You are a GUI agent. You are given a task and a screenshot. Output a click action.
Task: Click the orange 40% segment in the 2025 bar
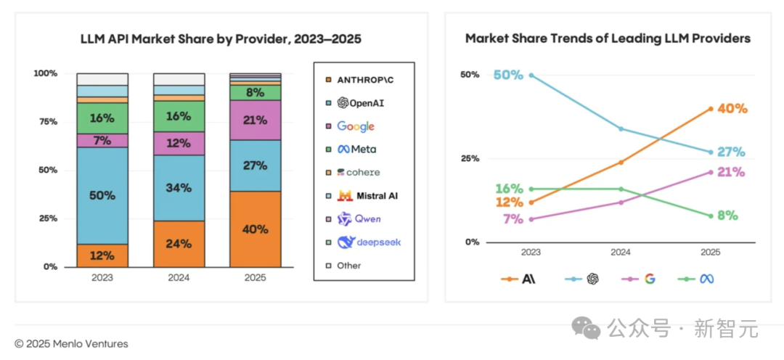(255, 229)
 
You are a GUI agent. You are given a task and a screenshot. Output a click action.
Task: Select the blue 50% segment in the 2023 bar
(102, 196)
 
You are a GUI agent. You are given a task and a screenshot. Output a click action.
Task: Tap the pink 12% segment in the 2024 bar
(179, 144)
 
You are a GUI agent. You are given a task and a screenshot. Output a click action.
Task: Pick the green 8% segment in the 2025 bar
(255, 92)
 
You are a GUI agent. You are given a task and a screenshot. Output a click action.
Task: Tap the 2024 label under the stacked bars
(179, 277)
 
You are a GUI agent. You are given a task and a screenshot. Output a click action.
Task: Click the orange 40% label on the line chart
(732, 109)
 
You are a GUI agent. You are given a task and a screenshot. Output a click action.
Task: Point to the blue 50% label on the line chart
(507, 75)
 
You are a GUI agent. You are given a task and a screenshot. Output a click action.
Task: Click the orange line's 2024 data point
(621, 163)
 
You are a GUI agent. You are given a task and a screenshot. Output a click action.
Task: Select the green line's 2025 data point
(711, 216)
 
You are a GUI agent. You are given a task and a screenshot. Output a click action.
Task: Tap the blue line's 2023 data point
(531, 75)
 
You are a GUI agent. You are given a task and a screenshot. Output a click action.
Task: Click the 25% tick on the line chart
(470, 159)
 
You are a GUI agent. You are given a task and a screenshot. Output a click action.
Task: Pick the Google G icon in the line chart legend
(649, 279)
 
